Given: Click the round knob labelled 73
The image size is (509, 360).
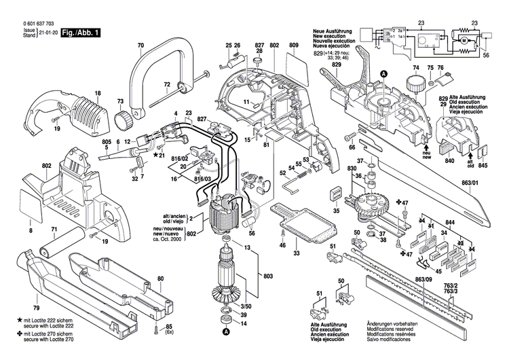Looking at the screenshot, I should [x=124, y=121].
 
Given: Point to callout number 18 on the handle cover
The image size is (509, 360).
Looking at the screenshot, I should [x=98, y=93].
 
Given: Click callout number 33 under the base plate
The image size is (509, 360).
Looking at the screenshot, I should [x=297, y=253].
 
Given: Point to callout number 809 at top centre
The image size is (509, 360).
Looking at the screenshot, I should [x=293, y=46].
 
